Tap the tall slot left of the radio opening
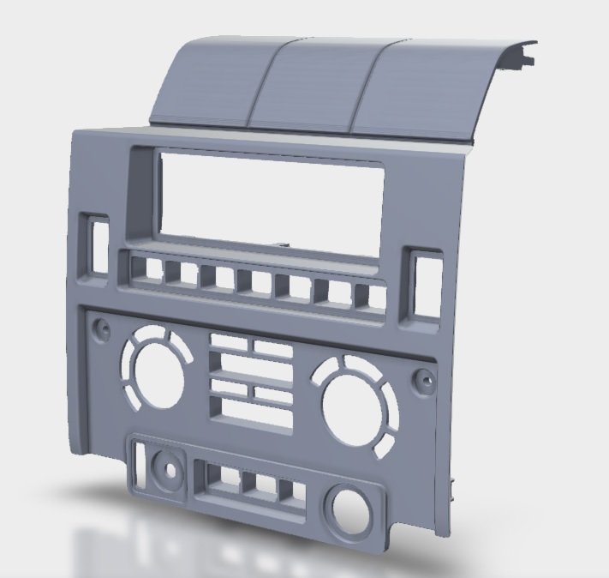coord(94,244)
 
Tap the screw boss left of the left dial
coord(101,328)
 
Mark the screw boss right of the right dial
coord(422,378)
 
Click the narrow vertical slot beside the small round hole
coord(140,467)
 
